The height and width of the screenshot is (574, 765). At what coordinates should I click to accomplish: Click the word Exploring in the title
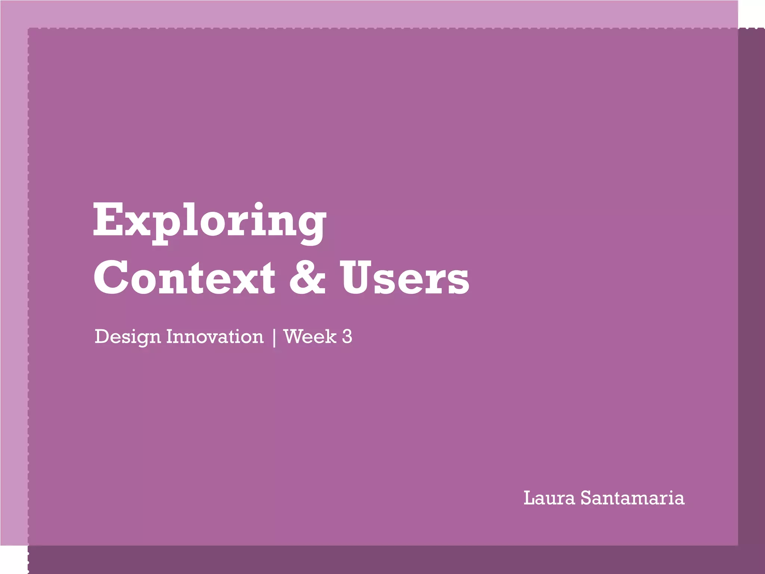click(209, 220)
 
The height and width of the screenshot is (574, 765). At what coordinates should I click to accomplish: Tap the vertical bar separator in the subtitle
click(274, 337)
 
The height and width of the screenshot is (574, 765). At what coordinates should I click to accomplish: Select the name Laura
click(549, 498)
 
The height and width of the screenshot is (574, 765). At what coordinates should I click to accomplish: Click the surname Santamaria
click(632, 498)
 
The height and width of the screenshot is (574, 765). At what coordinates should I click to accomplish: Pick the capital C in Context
click(111, 277)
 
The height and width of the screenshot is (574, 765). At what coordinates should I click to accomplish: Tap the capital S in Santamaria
click(587, 498)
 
